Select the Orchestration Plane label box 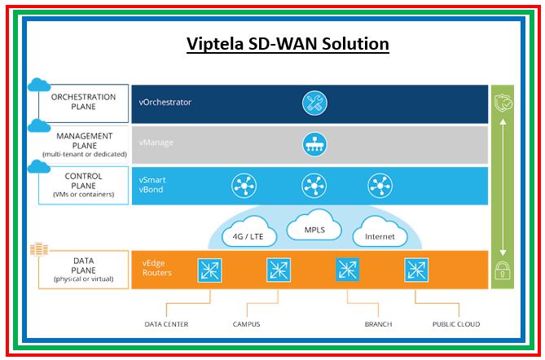(83, 102)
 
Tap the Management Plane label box (83, 143)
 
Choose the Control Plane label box (83, 184)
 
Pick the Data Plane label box (83, 268)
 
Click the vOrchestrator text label (165, 103)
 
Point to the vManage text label (156, 143)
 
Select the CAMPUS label (245, 324)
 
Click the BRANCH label (378, 324)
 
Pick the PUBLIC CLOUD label (455, 324)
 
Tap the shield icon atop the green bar (502, 102)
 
